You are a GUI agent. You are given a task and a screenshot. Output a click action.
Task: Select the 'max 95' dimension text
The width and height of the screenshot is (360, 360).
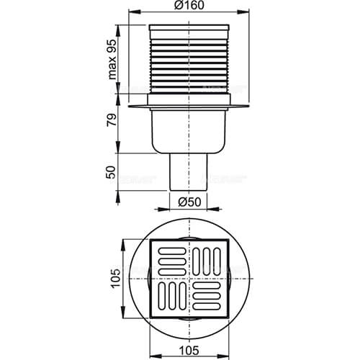113,59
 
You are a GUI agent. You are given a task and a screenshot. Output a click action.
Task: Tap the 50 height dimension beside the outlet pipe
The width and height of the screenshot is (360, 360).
113,172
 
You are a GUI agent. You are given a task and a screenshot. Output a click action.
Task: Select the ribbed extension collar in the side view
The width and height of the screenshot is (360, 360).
191,65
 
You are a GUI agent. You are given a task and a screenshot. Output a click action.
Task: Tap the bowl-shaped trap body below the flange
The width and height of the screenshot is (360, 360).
191,130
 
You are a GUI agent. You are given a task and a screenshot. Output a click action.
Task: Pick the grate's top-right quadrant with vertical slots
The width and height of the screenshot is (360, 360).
211,257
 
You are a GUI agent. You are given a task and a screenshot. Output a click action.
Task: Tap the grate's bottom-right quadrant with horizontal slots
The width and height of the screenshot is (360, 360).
211,296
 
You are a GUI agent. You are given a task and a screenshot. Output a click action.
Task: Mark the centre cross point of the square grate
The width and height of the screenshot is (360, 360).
191,276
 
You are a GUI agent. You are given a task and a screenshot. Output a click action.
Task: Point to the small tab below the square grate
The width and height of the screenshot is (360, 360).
191,318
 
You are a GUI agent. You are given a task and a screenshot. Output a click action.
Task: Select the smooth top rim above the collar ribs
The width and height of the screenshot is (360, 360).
191,31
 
